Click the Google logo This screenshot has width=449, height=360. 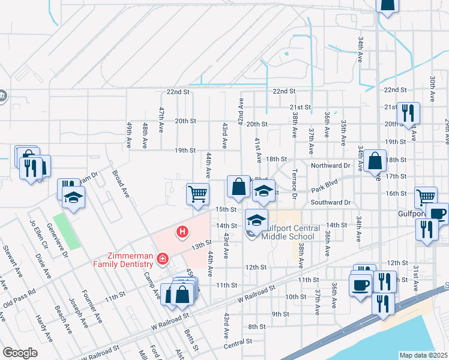tap(20, 353)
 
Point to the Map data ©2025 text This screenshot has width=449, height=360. tap(423, 355)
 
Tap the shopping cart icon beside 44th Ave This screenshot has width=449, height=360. tap(197, 194)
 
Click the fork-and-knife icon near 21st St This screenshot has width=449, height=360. tap(408, 112)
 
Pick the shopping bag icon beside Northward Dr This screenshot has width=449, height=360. tap(375, 160)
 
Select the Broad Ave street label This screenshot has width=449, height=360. tap(121, 184)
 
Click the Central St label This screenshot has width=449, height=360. tap(238, 343)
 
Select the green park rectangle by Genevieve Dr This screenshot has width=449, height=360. tap(65, 231)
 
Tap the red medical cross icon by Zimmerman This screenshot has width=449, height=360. tap(161, 259)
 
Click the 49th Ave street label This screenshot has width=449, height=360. tap(129, 136)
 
